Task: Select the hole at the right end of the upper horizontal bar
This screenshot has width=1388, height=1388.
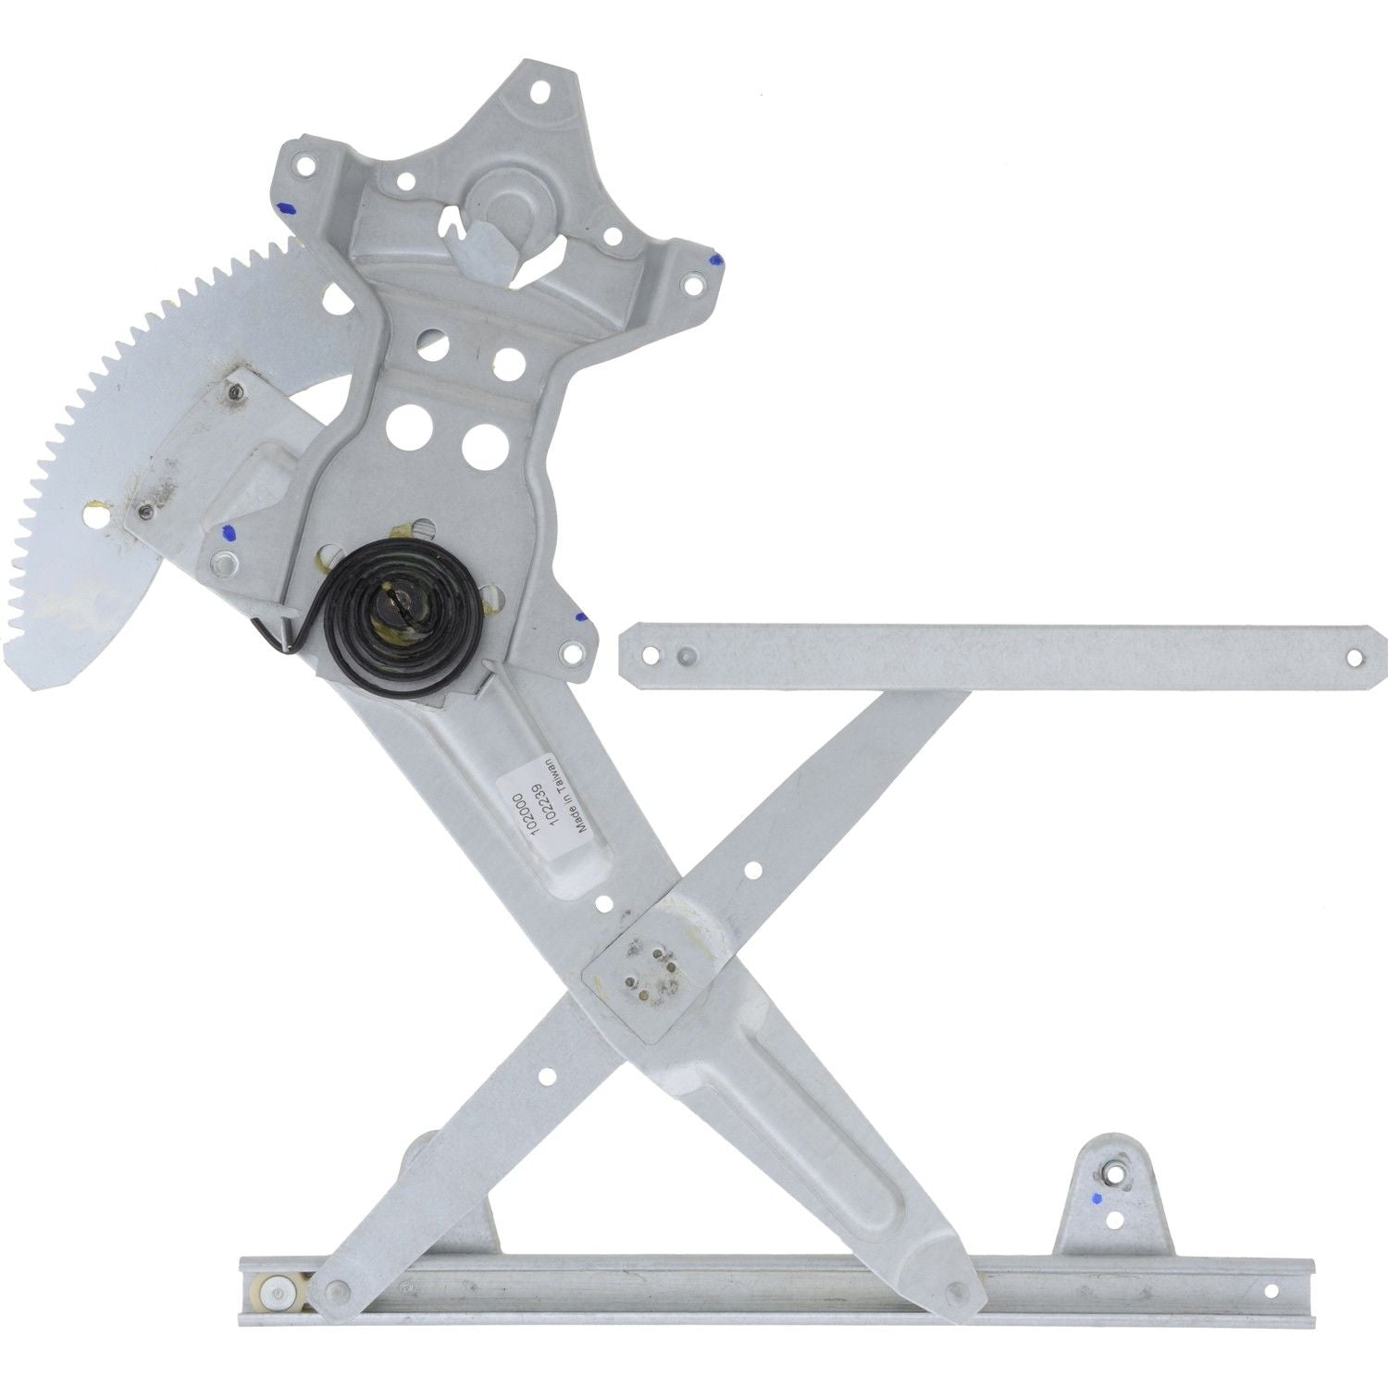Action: coord(1355,657)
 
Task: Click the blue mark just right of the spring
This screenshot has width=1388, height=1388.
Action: coord(578,615)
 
